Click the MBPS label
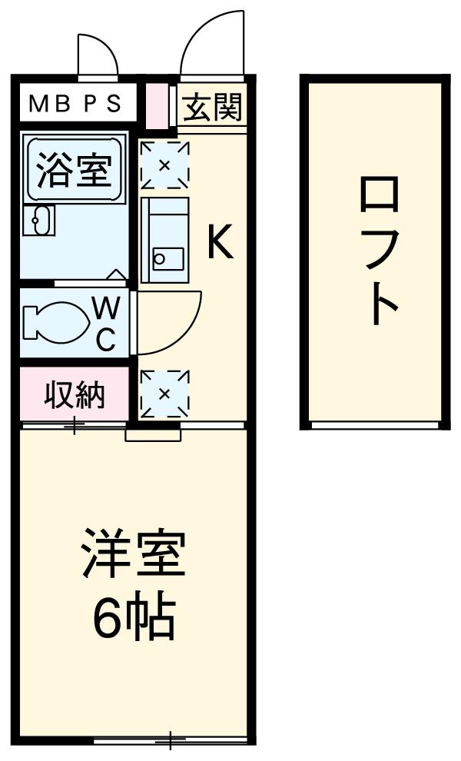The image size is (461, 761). (75, 104)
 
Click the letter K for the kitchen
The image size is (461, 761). (218, 244)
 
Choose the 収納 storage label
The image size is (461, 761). (75, 395)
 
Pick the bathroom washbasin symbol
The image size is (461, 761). (36, 221)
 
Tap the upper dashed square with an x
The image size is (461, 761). (164, 164)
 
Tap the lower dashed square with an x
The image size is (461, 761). (164, 394)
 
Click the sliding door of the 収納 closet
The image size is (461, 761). (75, 424)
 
